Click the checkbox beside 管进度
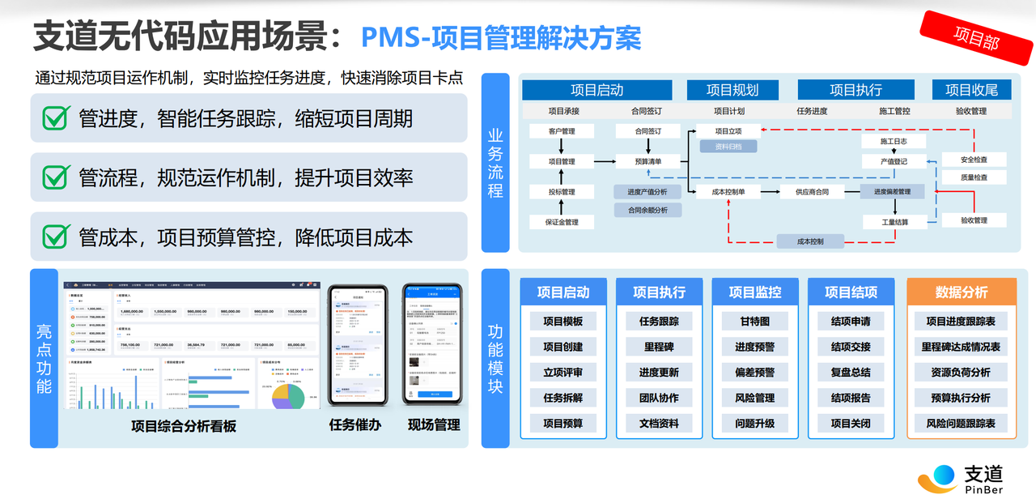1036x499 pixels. pos(56,117)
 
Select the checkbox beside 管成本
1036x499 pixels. pos(56,236)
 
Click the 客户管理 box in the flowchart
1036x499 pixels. pos(562,131)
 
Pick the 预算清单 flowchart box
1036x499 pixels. pos(647,161)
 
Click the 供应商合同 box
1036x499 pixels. pos(812,192)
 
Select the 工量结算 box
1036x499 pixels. pos(894,222)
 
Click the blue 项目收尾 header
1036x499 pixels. pos(971,90)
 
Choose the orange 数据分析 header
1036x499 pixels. pos(962,292)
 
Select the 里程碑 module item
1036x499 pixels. pos(659,347)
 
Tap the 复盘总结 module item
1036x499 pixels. pos(851,373)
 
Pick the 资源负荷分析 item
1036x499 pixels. pos(961,373)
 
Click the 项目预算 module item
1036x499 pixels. pos(563,423)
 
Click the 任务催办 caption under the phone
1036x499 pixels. pos(355,424)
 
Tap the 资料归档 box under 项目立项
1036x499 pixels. pos(728,147)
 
